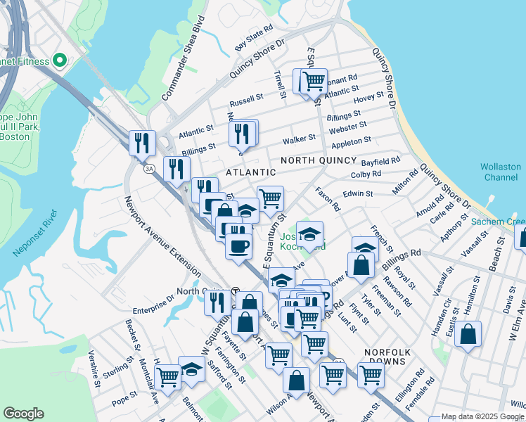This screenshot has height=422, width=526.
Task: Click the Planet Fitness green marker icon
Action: (59, 61)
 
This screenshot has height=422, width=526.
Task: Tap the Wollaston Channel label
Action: (501, 172)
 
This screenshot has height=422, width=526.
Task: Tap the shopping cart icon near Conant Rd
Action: (314, 80)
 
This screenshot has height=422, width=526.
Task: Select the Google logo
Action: (24, 414)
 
